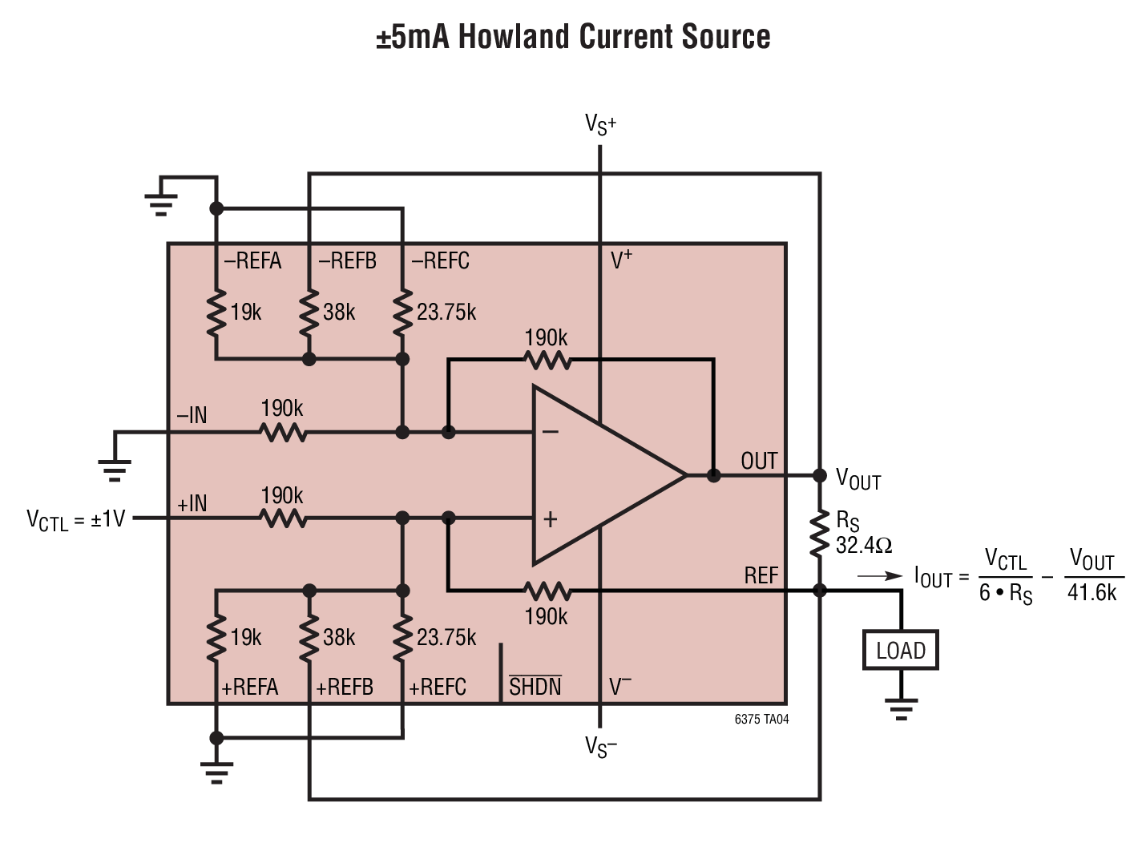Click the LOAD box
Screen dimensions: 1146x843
901,650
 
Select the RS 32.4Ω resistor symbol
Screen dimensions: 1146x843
820,533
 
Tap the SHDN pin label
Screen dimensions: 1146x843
535,686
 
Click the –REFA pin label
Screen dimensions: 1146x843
252,260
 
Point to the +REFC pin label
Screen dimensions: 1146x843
438,687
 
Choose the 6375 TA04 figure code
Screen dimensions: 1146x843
761,720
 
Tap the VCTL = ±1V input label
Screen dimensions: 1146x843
75,520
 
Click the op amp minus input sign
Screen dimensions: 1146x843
550,432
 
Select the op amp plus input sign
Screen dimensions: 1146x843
550,519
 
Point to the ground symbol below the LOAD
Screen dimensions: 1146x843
901,709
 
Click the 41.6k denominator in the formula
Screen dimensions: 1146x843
1092,593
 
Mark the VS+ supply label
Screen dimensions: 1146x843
600,124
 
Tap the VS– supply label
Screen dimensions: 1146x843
600,747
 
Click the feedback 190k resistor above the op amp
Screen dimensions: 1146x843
547,360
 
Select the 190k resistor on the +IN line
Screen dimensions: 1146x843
283,518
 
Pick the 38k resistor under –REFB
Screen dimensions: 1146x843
309,313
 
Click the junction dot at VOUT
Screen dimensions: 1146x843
820,475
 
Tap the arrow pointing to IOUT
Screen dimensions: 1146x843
880,576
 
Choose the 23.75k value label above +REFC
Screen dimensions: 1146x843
446,637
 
